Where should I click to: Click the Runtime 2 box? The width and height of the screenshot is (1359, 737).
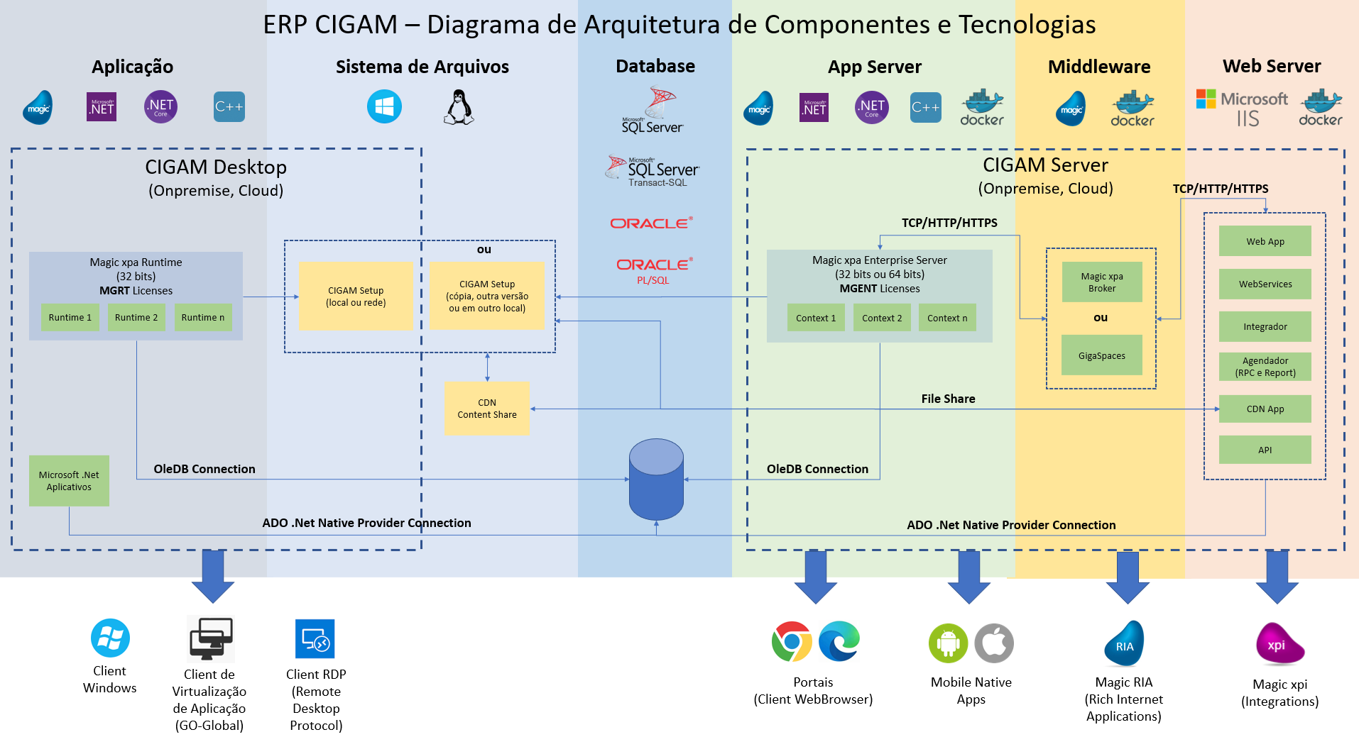point(136,318)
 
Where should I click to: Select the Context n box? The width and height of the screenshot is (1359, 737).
point(947,318)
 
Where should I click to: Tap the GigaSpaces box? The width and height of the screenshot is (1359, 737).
point(1101,355)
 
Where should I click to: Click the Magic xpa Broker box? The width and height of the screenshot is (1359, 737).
point(1101,282)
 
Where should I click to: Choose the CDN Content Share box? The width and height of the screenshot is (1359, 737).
point(486,409)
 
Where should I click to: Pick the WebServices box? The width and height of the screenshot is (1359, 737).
point(1265,284)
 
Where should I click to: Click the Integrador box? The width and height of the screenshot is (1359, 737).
point(1265,327)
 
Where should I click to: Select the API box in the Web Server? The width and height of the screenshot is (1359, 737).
point(1265,450)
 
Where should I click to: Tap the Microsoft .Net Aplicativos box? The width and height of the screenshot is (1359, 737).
point(69,481)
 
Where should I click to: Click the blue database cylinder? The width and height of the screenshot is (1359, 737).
point(656,480)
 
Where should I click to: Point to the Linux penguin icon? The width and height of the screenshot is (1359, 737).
point(459,108)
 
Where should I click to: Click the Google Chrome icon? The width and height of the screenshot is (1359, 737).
point(792,642)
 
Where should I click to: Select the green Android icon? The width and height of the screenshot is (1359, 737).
point(948,643)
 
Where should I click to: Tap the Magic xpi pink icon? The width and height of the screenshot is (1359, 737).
point(1279,644)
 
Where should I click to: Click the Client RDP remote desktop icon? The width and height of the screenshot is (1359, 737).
point(315,639)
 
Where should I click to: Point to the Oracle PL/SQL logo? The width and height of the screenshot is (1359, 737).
point(654,270)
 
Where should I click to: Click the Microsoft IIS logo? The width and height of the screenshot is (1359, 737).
point(1242,109)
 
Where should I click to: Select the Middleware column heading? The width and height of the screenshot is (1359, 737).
point(1099,67)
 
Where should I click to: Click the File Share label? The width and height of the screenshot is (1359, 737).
point(948,399)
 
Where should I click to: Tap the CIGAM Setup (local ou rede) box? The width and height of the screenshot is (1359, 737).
point(356,297)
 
